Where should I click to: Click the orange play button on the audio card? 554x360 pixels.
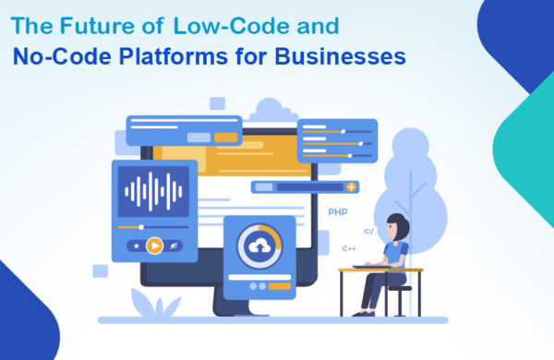155,246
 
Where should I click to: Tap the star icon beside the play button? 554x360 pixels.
137,246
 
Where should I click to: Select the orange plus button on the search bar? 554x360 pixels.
351,186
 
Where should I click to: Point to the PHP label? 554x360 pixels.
337,211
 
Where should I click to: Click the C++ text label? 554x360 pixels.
349,248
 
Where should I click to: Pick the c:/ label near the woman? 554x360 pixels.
369,231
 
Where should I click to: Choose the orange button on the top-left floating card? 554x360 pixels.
225,138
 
